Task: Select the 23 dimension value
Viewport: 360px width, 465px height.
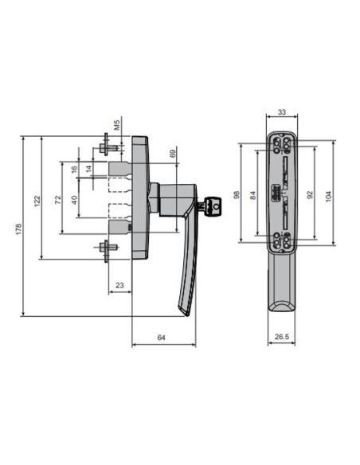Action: (119, 283)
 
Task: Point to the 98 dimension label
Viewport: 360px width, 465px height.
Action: (237, 194)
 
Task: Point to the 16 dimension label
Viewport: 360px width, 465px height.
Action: (74, 170)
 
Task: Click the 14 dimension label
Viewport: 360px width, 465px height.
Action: (90, 170)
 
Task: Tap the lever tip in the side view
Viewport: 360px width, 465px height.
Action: (188, 311)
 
